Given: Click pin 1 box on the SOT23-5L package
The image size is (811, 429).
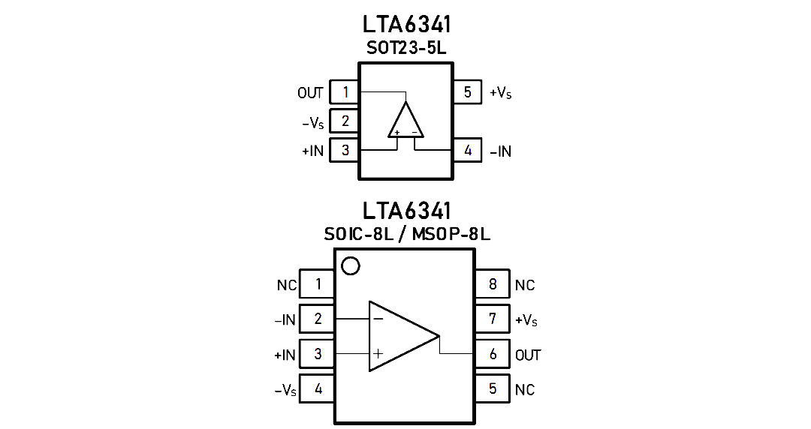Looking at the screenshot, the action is coord(344,92).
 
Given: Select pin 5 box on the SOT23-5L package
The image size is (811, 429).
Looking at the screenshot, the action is coord(468,92).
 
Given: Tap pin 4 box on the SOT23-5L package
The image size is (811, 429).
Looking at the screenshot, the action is coord(468,151).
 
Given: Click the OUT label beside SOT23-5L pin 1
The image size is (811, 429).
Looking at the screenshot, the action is coord(310,93).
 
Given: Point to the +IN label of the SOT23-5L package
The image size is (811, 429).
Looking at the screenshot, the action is coord(313,151).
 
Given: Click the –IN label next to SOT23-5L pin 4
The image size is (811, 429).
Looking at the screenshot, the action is coord(500,151).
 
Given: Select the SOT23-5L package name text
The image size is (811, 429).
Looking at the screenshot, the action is coord(406,48).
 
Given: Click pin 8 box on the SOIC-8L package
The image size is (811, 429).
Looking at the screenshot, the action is coord(493,283).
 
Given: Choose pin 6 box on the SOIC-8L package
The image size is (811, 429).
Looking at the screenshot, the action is coord(493,354).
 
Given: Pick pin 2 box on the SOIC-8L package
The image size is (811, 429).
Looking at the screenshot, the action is coord(318,319).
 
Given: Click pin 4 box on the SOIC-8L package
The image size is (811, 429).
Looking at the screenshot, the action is coord(318,388).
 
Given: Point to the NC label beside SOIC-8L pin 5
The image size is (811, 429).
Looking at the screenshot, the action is coord(524,390).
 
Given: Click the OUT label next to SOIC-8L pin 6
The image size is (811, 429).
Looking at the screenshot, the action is coord(528,355).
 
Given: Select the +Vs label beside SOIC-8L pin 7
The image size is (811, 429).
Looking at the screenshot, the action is coord(526,320).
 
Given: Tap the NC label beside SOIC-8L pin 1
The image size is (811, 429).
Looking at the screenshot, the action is coord(287,285).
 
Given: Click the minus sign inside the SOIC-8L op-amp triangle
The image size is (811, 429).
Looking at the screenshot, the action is coord(378,319).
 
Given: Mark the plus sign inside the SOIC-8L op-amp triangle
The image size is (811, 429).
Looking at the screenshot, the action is coord(378,353).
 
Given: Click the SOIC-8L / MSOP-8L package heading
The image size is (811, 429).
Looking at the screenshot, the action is coord(407,234).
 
